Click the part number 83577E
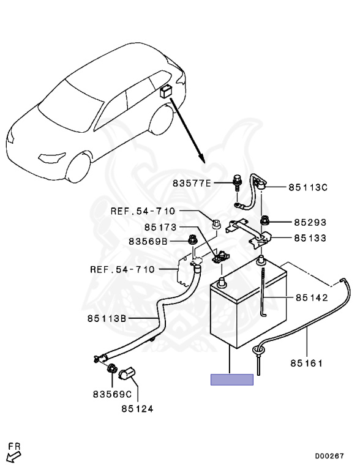(x=192, y=183)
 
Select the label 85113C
(x=308, y=187)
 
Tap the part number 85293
(x=310, y=222)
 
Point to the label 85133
(x=310, y=238)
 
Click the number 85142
(x=312, y=297)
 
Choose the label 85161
(x=306, y=364)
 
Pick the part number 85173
(x=160, y=227)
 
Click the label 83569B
(x=148, y=241)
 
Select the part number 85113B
(x=107, y=318)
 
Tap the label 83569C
(x=112, y=395)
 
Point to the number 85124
(x=137, y=409)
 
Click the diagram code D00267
(x=329, y=456)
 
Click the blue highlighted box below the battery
(x=232, y=380)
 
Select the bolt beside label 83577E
(x=237, y=182)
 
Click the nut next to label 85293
(x=264, y=220)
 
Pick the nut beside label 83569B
(x=192, y=240)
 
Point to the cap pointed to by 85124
(x=127, y=373)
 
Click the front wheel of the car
(x=78, y=168)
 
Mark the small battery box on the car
(x=165, y=91)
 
